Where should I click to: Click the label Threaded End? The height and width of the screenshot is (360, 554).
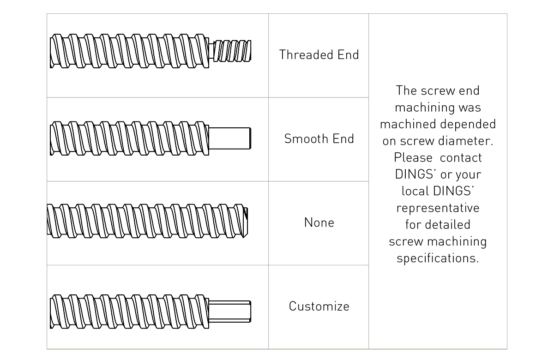319,55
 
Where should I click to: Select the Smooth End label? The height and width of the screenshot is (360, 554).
319,139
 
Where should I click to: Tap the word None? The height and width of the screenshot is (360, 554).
319,222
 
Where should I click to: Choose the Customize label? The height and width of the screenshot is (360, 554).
319,306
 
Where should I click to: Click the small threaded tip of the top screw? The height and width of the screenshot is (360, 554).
233,50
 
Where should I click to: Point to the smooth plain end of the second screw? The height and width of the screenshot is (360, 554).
230,138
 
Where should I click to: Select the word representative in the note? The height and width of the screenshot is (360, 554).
438,208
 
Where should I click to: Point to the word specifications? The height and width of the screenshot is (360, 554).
438,258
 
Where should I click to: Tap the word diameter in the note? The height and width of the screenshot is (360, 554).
470,141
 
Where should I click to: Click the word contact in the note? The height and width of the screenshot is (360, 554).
461,157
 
